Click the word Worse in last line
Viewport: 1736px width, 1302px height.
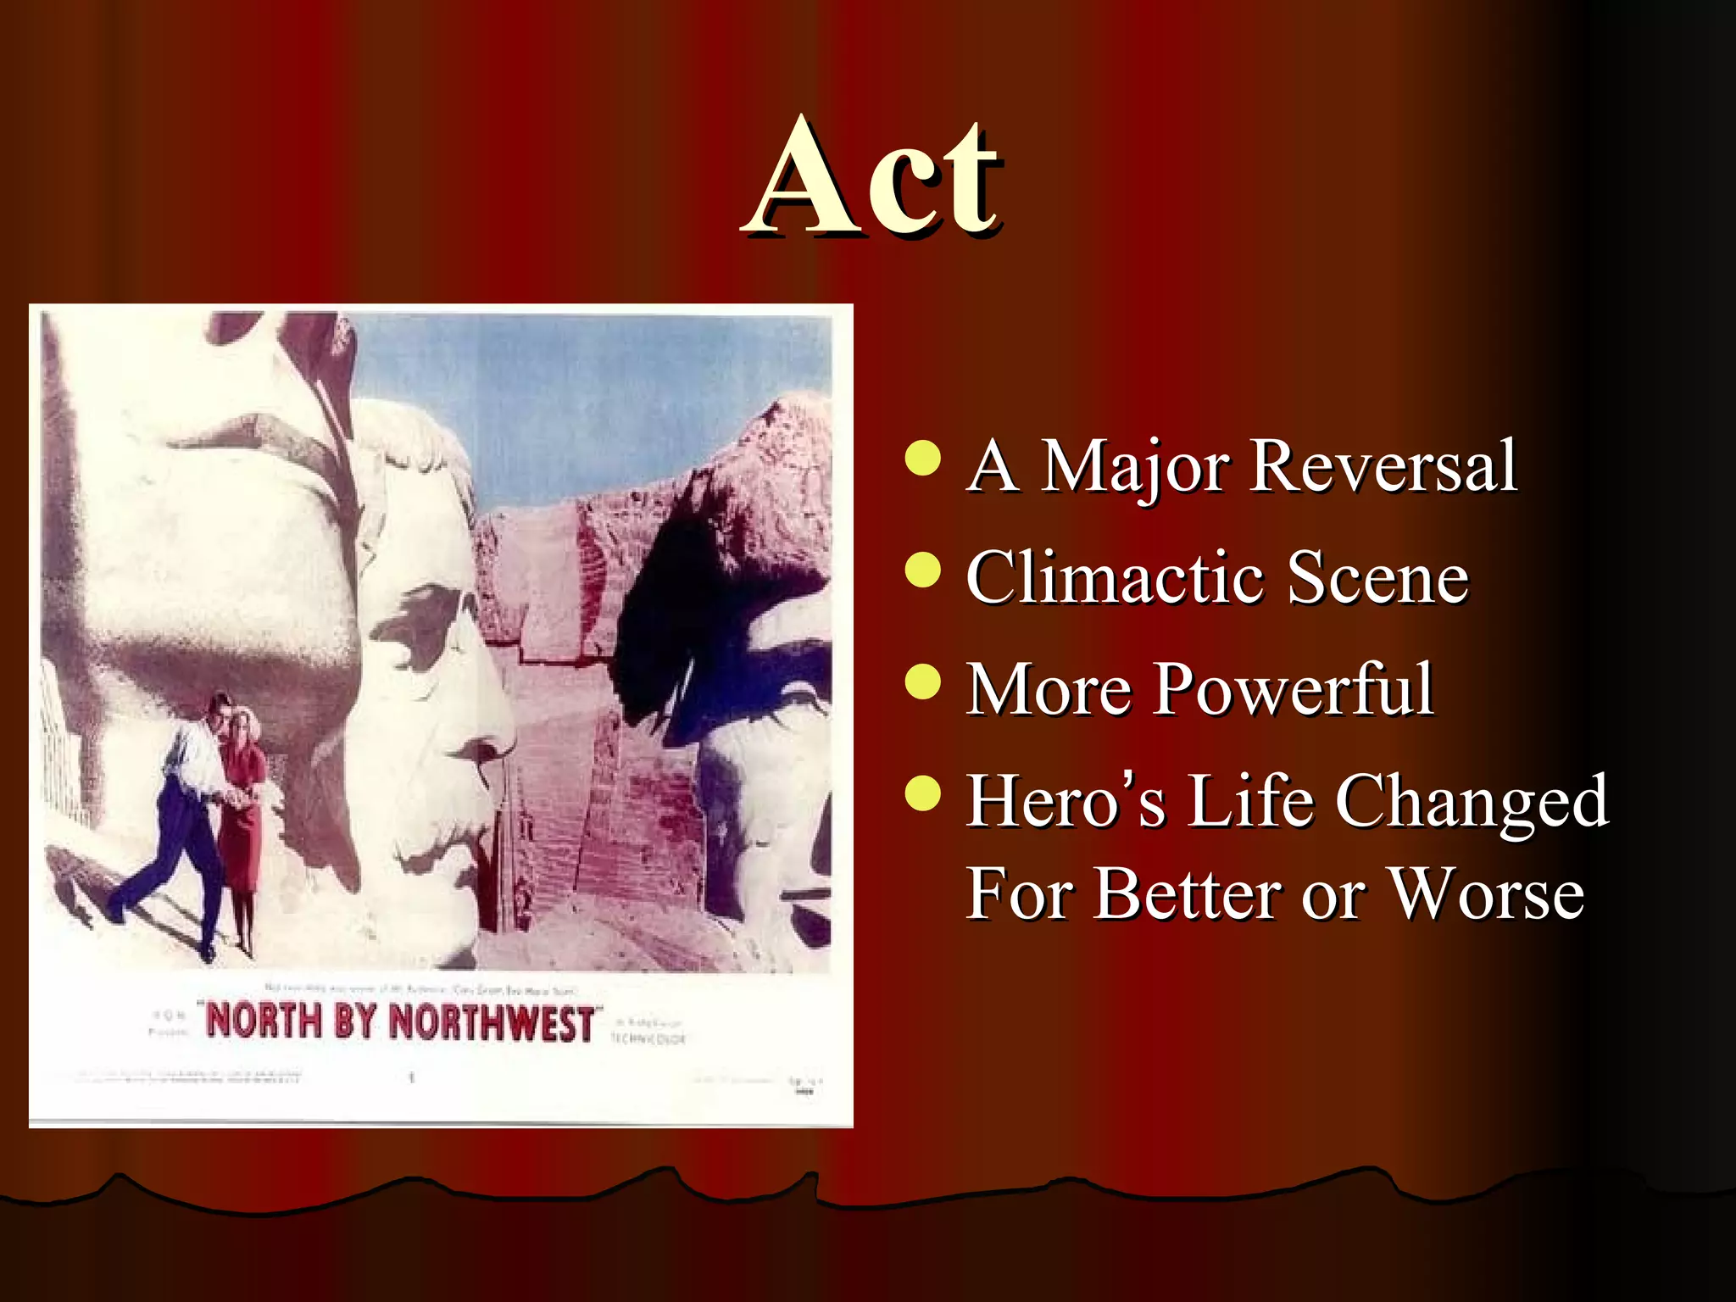coord(1487,895)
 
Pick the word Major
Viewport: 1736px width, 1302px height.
coord(1134,468)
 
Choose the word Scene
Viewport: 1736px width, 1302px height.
coord(1377,578)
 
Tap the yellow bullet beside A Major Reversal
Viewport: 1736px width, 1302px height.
coord(922,459)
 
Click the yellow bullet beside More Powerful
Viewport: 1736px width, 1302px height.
coord(922,681)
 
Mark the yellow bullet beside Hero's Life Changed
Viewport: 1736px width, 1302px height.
coord(922,793)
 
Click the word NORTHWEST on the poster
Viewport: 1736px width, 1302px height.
coord(491,1022)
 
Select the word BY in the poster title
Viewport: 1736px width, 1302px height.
coord(354,1021)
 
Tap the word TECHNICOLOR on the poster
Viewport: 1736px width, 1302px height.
coord(648,1038)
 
